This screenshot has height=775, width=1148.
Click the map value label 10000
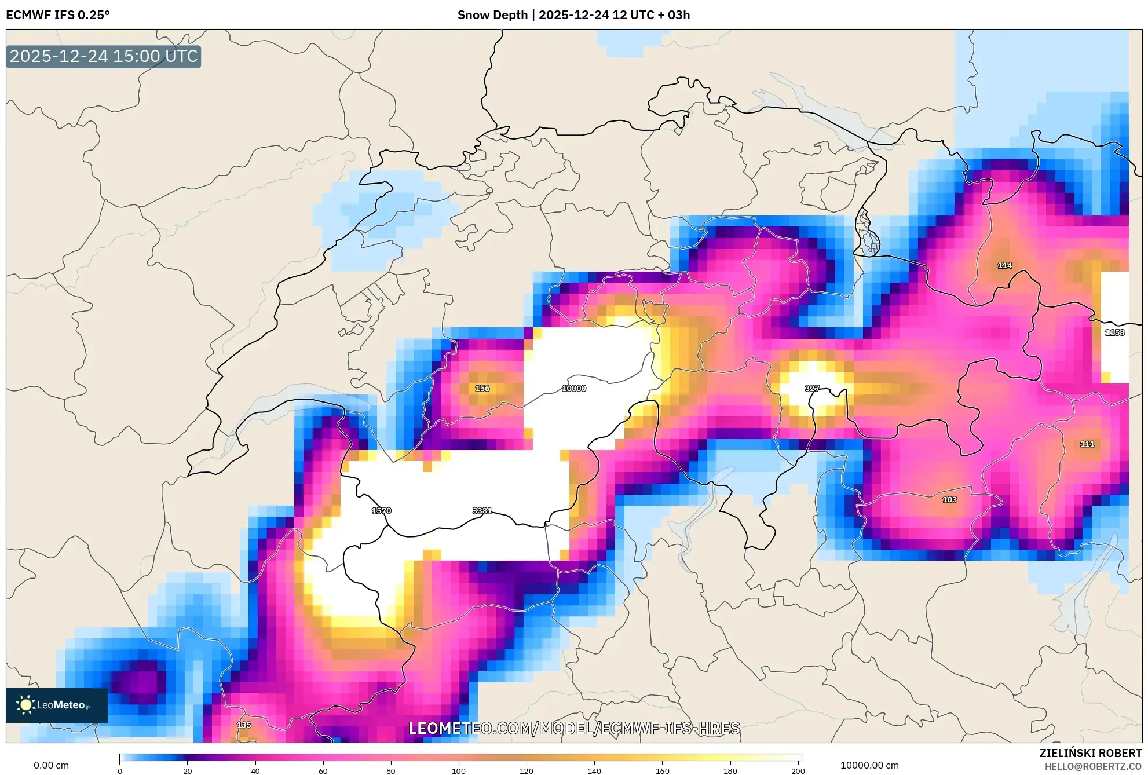coord(573,389)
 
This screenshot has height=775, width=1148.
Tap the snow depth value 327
coord(811,389)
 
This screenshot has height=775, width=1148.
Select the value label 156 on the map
coord(482,389)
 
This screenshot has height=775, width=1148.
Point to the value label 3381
coord(482,511)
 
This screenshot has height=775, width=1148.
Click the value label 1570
coord(381,511)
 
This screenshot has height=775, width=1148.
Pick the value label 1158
coord(1114,332)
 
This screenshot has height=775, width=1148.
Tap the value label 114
coord(1004,265)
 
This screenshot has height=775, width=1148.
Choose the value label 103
coord(949,500)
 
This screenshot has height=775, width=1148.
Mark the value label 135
coord(244,725)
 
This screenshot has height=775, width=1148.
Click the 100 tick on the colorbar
coord(459,770)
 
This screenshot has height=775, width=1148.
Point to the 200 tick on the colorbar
coord(798,770)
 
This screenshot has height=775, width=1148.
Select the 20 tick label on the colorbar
coord(187,770)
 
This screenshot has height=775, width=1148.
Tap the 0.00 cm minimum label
coord(51,766)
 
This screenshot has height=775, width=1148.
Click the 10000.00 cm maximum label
coord(869,766)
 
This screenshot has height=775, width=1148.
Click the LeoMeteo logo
coord(56,705)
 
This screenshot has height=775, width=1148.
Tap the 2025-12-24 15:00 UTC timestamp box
coord(104,57)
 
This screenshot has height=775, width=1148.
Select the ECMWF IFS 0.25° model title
coord(58,15)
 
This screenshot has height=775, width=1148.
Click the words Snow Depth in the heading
coord(492,15)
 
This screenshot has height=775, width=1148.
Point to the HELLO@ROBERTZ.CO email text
coord(1093,767)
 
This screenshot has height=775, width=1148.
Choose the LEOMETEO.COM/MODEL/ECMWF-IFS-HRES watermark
coord(574,729)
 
